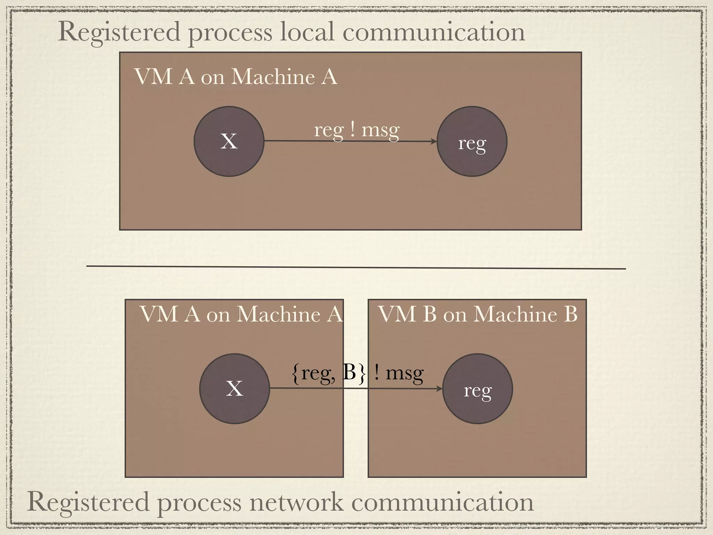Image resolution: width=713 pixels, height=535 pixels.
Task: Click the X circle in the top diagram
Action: [229, 141]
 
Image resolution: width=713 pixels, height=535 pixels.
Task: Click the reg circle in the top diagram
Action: [472, 141]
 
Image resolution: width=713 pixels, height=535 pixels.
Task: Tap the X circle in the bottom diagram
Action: [234, 389]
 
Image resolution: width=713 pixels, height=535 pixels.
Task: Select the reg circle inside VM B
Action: [477, 389]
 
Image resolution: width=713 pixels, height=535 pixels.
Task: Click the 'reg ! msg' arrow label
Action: [357, 131]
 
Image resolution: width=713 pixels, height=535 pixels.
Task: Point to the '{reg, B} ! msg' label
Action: [357, 373]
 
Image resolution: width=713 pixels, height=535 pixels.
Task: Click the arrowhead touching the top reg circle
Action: [433, 141]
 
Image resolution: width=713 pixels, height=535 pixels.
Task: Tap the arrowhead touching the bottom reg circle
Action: [439, 389]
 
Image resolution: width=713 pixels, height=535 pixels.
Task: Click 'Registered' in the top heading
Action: [118, 32]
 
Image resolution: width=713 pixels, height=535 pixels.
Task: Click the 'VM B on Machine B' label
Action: [477, 314]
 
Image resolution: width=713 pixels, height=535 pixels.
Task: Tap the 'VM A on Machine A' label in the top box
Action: [236, 77]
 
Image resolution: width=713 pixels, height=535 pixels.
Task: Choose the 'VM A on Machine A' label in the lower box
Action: [241, 314]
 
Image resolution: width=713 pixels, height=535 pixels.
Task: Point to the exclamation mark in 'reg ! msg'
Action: [353, 130]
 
